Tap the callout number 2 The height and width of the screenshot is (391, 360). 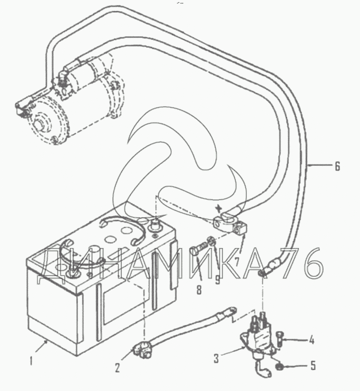pos(117,367)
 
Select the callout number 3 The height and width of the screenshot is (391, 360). pos(216,359)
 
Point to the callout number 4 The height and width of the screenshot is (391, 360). pos(311,340)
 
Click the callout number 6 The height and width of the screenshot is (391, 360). pos(337,166)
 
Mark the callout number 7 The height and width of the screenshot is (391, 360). pos(237,261)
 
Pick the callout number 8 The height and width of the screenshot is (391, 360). pos(199,290)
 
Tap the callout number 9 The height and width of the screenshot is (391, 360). pos(217,279)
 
